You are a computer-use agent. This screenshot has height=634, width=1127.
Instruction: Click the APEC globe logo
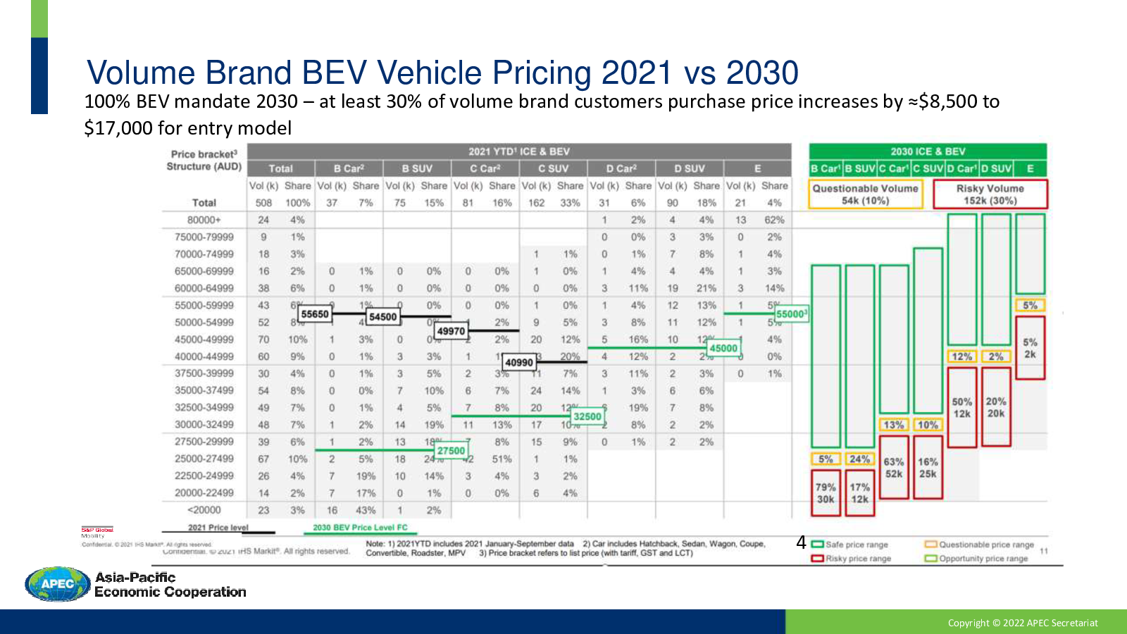click(x=58, y=584)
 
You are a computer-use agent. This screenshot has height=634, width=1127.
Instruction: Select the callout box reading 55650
click(x=315, y=314)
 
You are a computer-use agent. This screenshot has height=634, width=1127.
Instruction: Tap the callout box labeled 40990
click(x=519, y=362)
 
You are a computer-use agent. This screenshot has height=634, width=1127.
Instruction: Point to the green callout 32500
click(x=587, y=416)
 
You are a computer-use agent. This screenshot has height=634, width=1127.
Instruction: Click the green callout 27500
click(x=451, y=451)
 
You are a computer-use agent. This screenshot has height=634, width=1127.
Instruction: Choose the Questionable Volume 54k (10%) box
click(x=865, y=194)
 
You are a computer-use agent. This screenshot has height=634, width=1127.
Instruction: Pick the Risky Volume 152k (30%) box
click(x=990, y=194)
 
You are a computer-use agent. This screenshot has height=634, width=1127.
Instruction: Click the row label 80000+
click(x=204, y=220)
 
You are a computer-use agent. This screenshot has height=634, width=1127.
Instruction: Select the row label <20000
click(x=204, y=510)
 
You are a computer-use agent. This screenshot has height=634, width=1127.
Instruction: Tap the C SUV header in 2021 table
click(x=553, y=168)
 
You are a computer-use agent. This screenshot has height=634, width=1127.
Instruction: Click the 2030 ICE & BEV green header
click(x=927, y=151)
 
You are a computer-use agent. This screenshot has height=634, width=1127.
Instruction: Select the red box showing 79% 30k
click(x=826, y=493)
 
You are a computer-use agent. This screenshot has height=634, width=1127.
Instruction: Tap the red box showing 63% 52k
click(x=894, y=467)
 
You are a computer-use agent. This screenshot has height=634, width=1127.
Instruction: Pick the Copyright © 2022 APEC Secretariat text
click(x=1023, y=623)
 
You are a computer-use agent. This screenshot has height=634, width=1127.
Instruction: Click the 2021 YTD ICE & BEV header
click(x=519, y=151)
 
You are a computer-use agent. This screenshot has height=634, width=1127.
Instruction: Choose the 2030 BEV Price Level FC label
click(x=360, y=527)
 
